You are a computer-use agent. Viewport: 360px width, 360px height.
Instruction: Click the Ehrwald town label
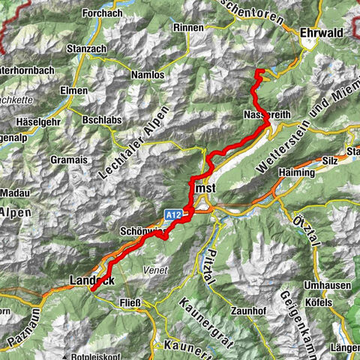(321, 33)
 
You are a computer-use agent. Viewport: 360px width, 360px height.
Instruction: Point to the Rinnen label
(187, 27)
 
